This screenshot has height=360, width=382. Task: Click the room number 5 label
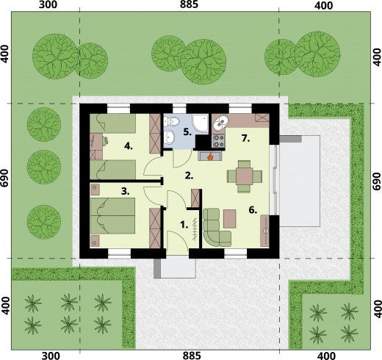[187, 132]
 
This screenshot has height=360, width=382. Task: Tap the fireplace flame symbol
[210, 156]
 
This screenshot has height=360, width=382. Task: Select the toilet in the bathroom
[171, 120]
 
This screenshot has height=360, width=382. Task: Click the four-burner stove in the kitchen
[218, 141]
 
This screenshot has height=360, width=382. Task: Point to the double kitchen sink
[220, 122]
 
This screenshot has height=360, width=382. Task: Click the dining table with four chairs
[245, 176]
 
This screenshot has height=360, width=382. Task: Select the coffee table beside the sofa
[230, 218]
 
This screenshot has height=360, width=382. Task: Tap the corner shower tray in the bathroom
[201, 123]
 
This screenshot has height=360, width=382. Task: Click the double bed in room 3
[112, 216]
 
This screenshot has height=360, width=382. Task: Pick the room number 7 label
[245, 139]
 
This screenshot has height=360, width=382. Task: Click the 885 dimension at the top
[189, 4]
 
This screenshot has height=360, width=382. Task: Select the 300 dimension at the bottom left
[51, 356]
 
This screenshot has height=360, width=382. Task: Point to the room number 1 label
[184, 225]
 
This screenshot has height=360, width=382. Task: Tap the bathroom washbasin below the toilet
[170, 137]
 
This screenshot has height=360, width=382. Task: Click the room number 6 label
[253, 210]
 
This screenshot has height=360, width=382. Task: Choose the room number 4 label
[129, 146]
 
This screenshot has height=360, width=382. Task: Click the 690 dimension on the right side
[377, 181]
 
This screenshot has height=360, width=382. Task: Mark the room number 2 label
[189, 176]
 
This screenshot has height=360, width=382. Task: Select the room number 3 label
[126, 191]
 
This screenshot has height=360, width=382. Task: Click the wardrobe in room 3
[155, 228]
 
